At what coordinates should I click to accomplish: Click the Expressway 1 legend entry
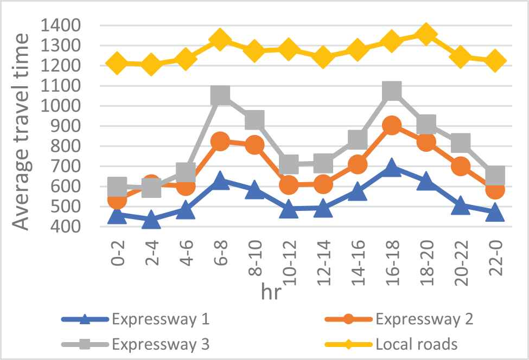[x=161, y=319]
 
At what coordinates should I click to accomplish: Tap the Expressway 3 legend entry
[x=161, y=344]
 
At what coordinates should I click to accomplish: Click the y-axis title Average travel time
[x=22, y=130]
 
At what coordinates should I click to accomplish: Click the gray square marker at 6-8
[x=220, y=95]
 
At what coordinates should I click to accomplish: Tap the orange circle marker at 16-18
[x=391, y=126]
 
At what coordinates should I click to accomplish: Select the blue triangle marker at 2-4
[x=151, y=220]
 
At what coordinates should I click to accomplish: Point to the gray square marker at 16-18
[x=391, y=91]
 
